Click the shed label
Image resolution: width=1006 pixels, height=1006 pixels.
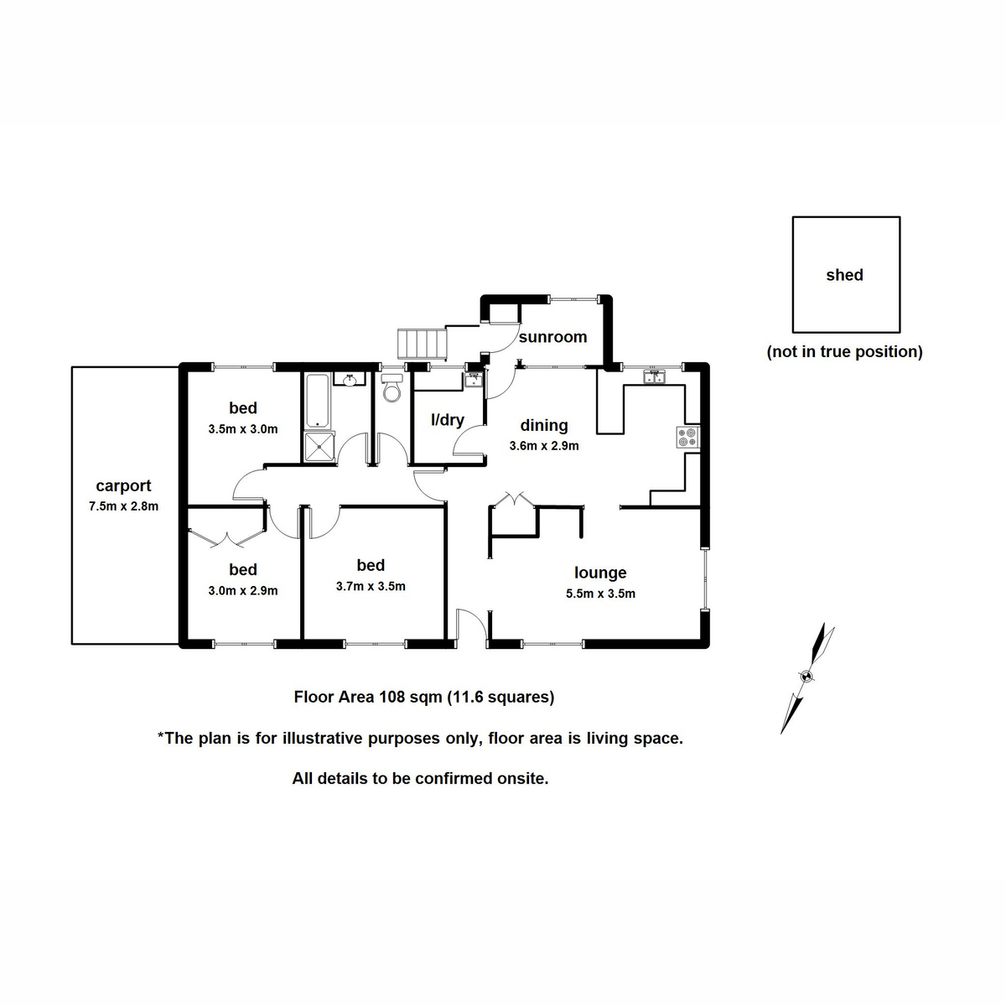[x=844, y=275]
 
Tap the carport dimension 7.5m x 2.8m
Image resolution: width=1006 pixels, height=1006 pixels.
[x=123, y=506]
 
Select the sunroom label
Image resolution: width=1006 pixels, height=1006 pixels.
[x=552, y=337]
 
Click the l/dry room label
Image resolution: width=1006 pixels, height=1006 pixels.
[x=447, y=420]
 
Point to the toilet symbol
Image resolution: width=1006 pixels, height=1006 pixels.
[x=392, y=391]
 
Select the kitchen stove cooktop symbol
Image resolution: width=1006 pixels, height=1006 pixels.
[x=687, y=437]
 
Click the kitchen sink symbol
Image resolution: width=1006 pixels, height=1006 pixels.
[x=654, y=378]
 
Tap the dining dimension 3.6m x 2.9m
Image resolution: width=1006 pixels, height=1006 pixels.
[x=544, y=446]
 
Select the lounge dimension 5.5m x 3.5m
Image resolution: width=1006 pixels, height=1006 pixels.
[x=600, y=594]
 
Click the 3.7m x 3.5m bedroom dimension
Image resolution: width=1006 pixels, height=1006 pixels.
[x=371, y=587]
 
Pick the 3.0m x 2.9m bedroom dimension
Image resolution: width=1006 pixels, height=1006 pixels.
[x=242, y=590]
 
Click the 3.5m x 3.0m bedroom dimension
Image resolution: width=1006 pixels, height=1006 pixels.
[x=242, y=429]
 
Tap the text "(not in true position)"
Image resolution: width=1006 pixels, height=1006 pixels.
[x=844, y=352]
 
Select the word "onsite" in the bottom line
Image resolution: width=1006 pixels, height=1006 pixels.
[x=521, y=779]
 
